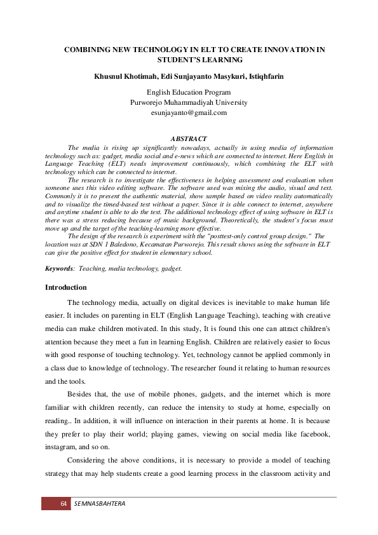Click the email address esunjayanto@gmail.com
(189, 112)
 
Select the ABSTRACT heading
(189, 139)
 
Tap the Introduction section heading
(65, 287)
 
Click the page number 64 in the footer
(64, 504)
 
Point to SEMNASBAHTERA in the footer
(100, 504)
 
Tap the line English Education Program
(189, 92)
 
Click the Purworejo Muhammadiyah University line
(189, 102)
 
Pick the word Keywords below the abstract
(58, 269)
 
